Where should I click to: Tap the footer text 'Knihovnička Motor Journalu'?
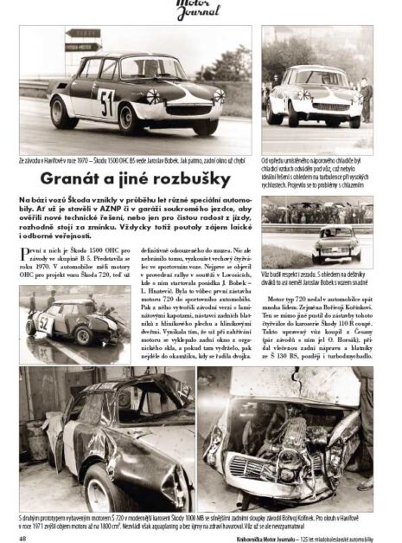(285, 534)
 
